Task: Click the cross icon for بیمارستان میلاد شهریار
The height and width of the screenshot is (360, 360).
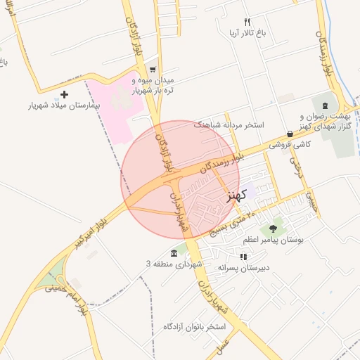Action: [65, 94]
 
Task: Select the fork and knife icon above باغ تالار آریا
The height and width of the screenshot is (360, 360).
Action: [247, 22]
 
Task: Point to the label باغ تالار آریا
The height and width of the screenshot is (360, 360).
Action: [246, 33]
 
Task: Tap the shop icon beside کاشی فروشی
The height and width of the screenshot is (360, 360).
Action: [290, 134]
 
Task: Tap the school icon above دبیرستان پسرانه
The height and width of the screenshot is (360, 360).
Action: [243, 257]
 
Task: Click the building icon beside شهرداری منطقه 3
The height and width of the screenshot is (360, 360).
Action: [174, 253]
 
